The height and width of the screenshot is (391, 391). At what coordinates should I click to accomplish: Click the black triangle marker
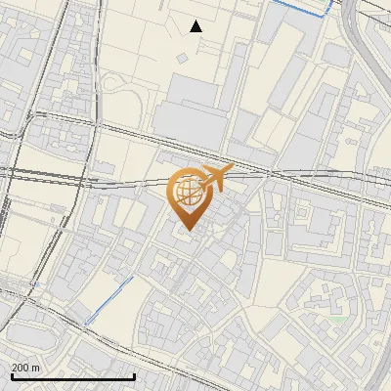click(196, 26)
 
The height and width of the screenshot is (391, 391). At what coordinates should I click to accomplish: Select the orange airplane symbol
click(215, 178)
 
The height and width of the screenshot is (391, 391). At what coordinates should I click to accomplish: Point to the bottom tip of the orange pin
click(187, 231)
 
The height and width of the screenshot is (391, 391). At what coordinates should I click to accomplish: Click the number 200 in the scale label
click(22, 367)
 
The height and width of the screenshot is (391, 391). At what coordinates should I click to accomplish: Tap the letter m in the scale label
click(36, 367)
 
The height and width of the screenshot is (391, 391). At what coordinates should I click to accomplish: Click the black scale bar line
click(72, 376)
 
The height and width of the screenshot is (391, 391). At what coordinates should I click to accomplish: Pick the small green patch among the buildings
click(338, 319)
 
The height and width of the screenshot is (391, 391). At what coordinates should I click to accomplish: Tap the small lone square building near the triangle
click(182, 59)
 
